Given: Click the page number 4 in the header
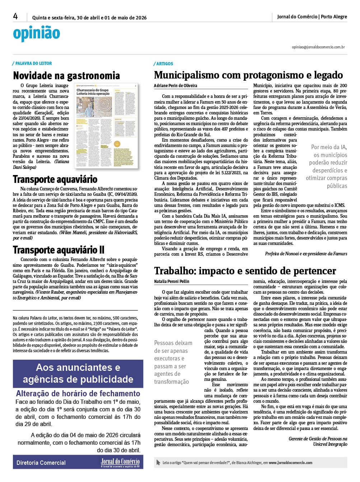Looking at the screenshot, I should coord(15,16).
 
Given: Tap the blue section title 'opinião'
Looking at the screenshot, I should coord(36,33).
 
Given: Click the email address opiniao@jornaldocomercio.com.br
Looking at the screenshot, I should coord(318,47).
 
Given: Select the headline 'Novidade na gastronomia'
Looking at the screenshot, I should coord(66,76).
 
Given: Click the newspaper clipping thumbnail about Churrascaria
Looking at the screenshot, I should coord(106,126).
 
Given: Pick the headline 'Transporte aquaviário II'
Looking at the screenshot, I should coord(59,250).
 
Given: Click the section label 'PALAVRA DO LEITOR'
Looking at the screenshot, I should coord(33,63).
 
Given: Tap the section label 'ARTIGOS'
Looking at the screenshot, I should coord(164,64).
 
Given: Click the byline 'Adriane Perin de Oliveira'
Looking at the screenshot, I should coord(176,86).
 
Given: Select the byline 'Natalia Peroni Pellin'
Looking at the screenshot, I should coord(172,282).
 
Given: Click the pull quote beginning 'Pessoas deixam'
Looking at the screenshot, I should coord(173,362).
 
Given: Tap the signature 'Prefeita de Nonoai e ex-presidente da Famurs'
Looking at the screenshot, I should coord(306,254).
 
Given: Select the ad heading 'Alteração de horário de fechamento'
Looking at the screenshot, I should coord(78,393).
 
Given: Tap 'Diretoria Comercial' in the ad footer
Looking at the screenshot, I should coord(41,463).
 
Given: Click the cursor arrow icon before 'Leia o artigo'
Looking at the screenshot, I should coord(158,463).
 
